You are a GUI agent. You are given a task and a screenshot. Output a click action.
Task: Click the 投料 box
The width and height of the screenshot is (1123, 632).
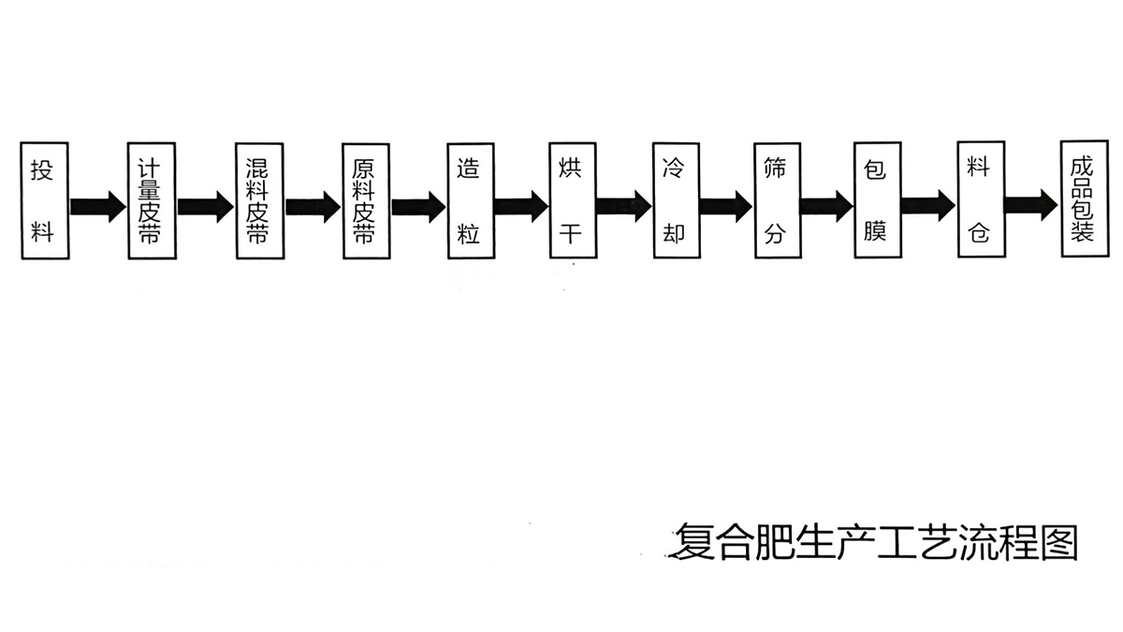point(43,200)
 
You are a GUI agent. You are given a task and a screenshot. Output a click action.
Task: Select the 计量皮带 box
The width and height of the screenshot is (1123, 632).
point(151,200)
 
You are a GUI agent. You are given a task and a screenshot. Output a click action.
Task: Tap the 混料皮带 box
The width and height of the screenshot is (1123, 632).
point(258,200)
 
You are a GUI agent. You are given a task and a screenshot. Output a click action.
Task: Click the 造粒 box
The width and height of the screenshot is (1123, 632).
point(469,200)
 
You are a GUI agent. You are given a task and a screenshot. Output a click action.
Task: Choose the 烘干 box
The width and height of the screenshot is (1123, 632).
point(571,200)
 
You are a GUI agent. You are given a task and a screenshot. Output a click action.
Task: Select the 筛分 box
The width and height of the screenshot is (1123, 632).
point(776,200)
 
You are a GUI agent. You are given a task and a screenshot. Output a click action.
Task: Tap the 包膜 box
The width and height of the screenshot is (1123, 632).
point(876,200)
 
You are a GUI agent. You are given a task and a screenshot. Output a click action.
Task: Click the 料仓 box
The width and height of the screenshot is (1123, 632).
point(980,200)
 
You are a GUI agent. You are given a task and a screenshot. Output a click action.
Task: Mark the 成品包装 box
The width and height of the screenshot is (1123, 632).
point(1084,200)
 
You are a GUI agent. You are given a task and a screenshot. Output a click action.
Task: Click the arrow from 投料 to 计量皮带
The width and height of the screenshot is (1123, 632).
point(96,205)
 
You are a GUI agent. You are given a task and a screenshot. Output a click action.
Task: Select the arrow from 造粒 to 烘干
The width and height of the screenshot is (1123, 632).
point(520,205)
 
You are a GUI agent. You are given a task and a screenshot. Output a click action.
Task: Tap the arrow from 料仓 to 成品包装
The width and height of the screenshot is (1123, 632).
point(1031,205)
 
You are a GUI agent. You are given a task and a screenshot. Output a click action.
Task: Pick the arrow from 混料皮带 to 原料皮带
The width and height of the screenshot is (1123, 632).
point(312,205)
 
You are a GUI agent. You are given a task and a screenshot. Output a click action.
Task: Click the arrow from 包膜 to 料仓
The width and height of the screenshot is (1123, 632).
point(927,205)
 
